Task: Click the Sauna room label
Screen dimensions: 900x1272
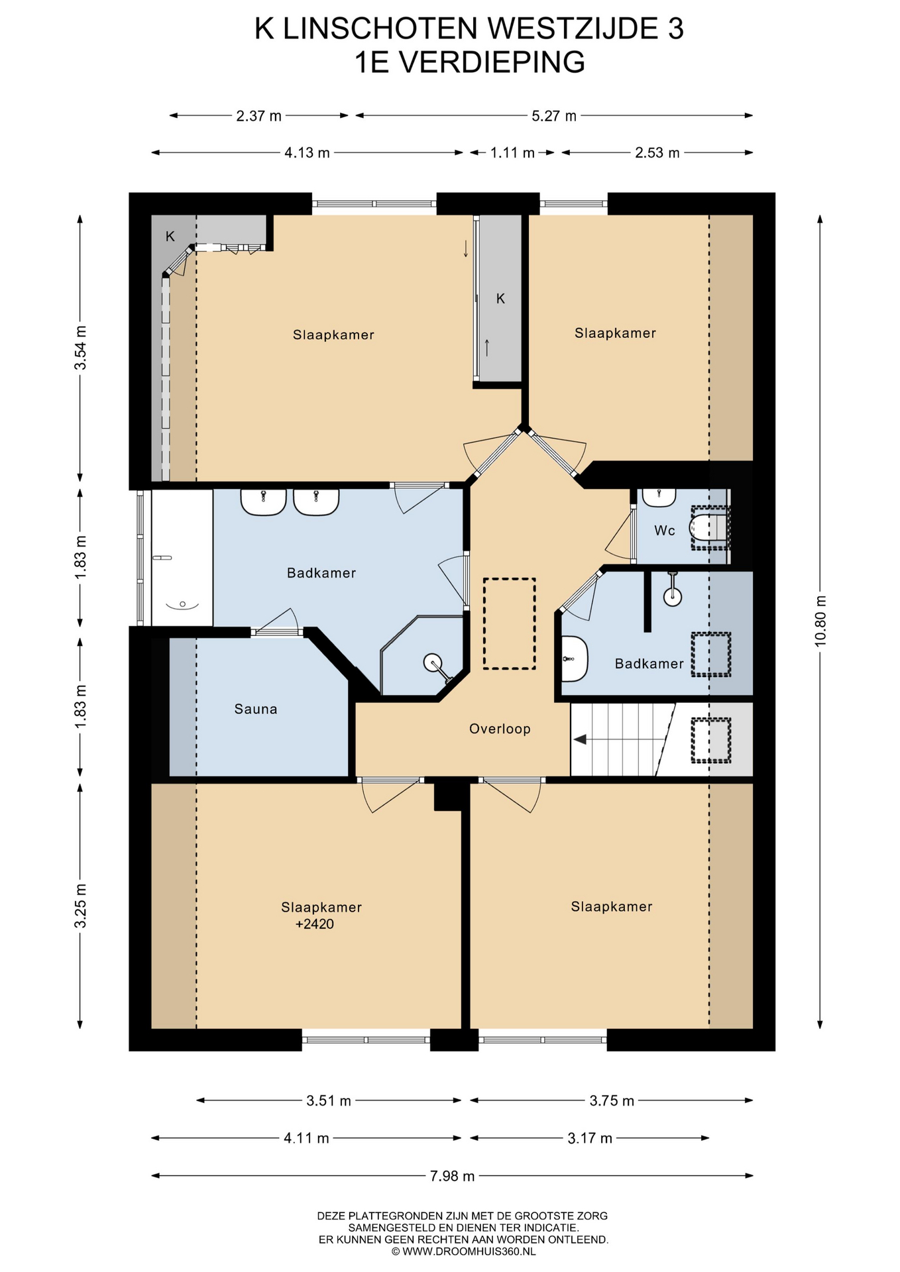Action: (x=256, y=709)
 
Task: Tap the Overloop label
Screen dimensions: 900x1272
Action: (x=500, y=729)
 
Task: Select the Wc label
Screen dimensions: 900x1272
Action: (x=664, y=530)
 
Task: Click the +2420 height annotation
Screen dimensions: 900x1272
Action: (x=315, y=924)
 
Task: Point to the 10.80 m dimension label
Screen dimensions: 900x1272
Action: (x=820, y=620)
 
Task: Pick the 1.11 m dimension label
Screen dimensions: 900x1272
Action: (x=512, y=153)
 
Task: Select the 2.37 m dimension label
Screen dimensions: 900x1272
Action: (x=259, y=116)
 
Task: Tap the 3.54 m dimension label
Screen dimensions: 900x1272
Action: (x=80, y=348)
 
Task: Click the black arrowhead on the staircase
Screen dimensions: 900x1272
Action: (x=580, y=739)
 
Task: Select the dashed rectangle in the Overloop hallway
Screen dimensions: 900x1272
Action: (x=509, y=623)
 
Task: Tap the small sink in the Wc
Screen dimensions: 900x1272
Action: (x=659, y=497)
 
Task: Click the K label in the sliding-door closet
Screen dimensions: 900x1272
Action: (x=500, y=298)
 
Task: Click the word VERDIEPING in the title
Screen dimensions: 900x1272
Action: (x=493, y=62)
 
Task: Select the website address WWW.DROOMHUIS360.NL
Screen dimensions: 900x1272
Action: (x=469, y=1251)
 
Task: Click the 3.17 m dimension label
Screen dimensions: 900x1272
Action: (x=590, y=1138)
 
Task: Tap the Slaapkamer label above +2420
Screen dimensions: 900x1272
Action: (x=321, y=907)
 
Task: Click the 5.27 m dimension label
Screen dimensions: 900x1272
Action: (x=554, y=116)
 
